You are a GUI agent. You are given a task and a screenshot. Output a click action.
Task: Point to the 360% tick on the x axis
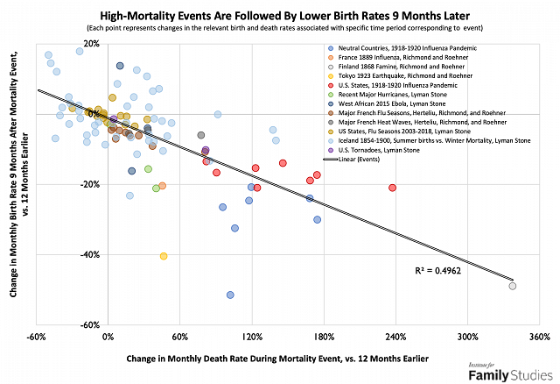click(x=538, y=337)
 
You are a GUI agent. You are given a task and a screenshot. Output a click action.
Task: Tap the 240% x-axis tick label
click(x=395, y=337)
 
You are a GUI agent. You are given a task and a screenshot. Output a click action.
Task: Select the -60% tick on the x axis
click(x=36, y=337)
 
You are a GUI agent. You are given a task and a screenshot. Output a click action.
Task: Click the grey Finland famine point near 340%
click(x=513, y=286)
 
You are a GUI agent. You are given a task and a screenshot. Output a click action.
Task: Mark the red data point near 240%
click(x=392, y=188)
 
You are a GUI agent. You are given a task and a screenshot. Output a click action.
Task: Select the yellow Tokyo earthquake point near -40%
click(x=164, y=256)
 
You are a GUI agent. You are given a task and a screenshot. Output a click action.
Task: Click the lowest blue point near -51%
click(x=230, y=295)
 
